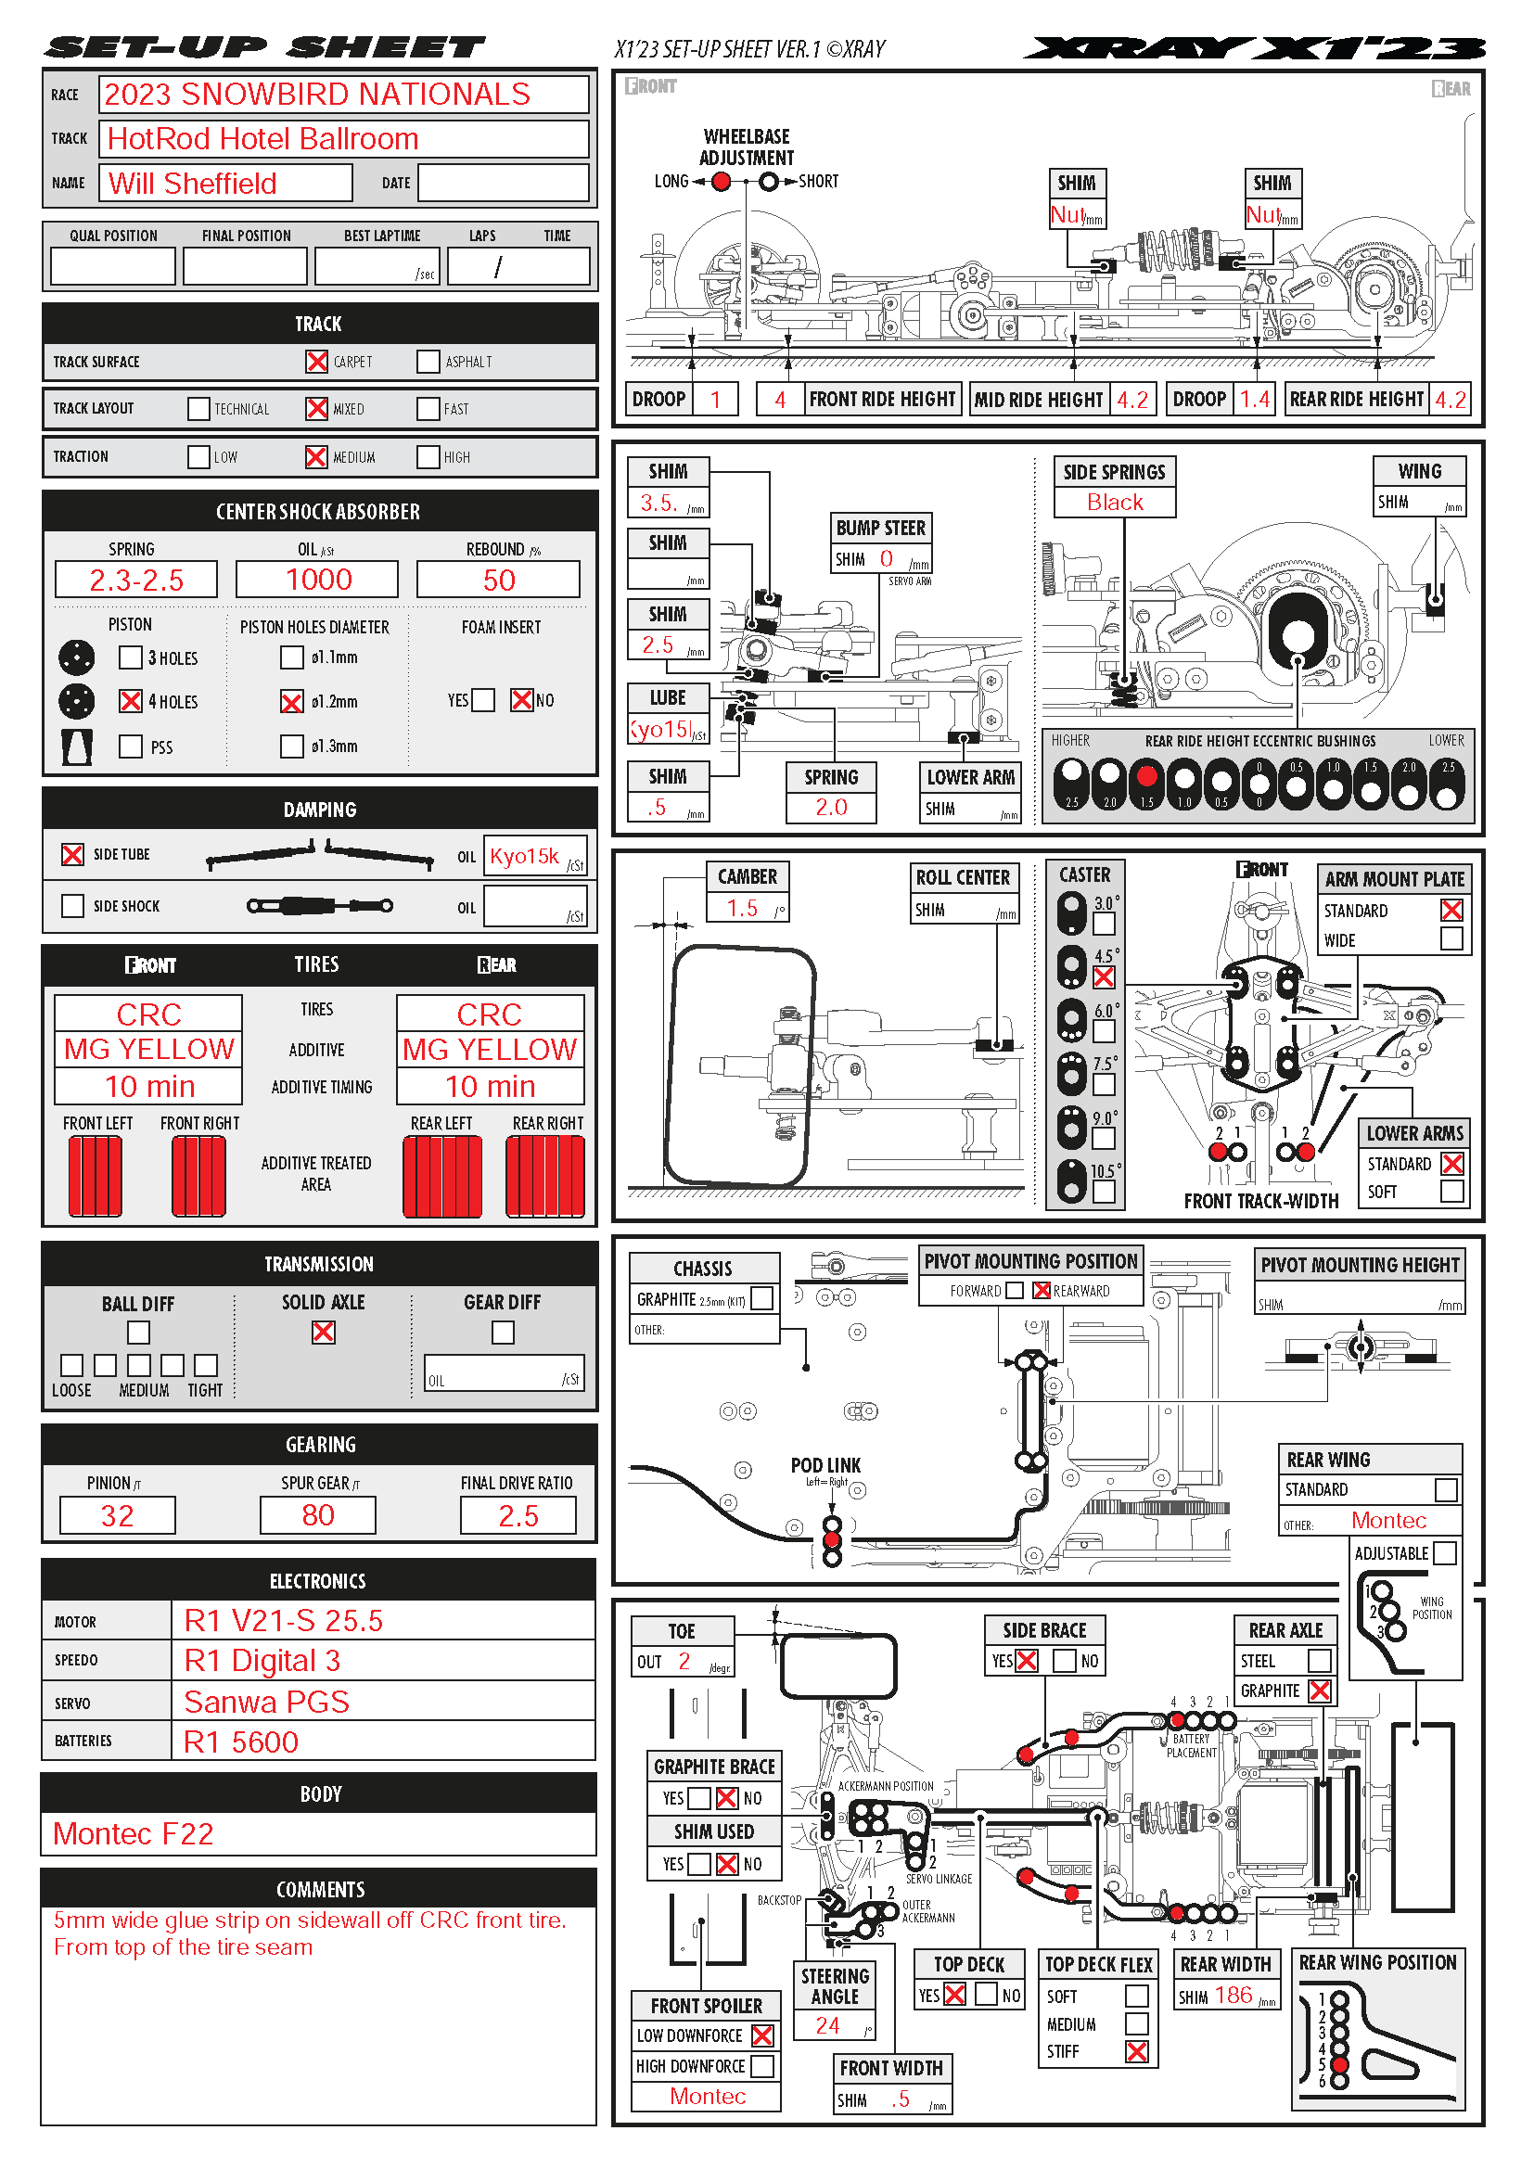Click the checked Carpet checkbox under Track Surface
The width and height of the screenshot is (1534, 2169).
316,362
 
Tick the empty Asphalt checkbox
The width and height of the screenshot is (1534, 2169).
428,362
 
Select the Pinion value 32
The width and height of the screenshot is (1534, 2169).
117,1516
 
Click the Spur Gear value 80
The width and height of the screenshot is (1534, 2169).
318,1515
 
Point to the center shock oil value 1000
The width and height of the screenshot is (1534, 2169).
318,579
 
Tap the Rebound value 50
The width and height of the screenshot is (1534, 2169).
499,580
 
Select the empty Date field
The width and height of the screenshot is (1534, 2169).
504,184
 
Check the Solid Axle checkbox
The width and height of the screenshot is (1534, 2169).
323,1332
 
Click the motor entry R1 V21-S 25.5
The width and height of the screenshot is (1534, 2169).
284,1621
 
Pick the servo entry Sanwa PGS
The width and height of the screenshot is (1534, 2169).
266,1703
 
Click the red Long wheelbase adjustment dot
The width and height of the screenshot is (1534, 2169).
721,182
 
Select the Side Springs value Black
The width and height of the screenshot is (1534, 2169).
1115,503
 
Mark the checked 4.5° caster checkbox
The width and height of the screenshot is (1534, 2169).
1104,977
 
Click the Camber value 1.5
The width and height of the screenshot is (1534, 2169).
743,908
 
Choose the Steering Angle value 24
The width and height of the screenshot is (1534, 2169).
827,2025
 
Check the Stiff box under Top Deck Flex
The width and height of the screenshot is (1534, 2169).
1136,2052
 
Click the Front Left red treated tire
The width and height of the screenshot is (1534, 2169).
96,1176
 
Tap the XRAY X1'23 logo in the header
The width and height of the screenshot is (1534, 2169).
1255,47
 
